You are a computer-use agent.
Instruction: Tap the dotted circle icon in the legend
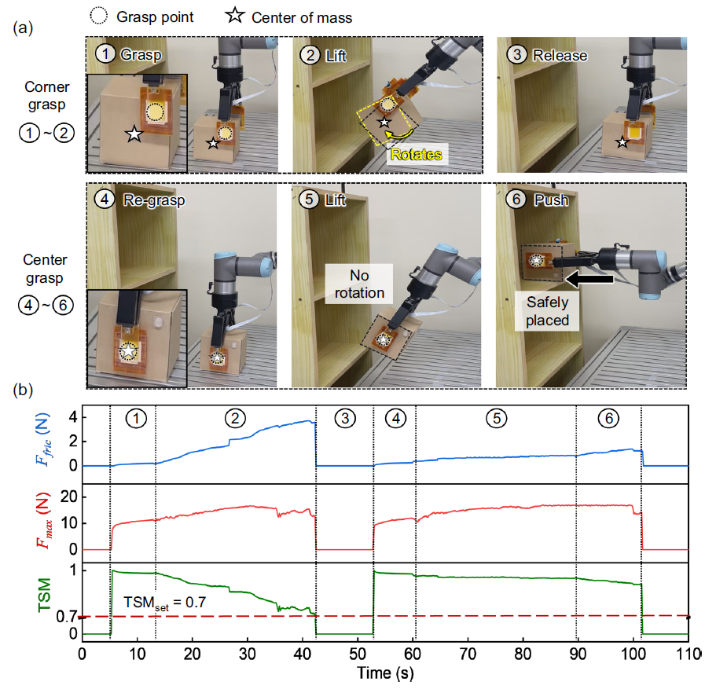[x=98, y=16]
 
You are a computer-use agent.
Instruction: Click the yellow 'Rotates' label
[x=416, y=154]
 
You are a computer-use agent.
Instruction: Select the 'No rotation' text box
[x=359, y=284]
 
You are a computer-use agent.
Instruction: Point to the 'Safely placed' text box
[x=547, y=311]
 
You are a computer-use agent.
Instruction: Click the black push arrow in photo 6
[x=589, y=279]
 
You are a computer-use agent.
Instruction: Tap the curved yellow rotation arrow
[x=399, y=133]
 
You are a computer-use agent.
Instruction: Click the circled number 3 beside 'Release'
[x=517, y=55]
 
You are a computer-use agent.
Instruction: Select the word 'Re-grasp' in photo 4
[x=154, y=200]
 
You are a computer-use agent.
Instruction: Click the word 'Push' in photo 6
[x=551, y=200]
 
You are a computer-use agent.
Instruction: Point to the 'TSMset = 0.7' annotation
[x=165, y=603]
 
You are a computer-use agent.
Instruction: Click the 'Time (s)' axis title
[x=385, y=673]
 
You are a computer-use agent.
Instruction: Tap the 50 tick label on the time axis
[x=358, y=654]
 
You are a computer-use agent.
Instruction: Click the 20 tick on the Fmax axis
[x=69, y=497]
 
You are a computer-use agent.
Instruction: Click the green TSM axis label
[x=45, y=595]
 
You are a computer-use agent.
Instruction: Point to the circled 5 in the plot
[x=497, y=418]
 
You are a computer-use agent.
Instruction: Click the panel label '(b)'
[x=23, y=390]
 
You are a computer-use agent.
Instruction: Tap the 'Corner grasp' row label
[x=46, y=95]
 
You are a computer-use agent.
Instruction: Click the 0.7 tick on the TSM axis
[x=67, y=617]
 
